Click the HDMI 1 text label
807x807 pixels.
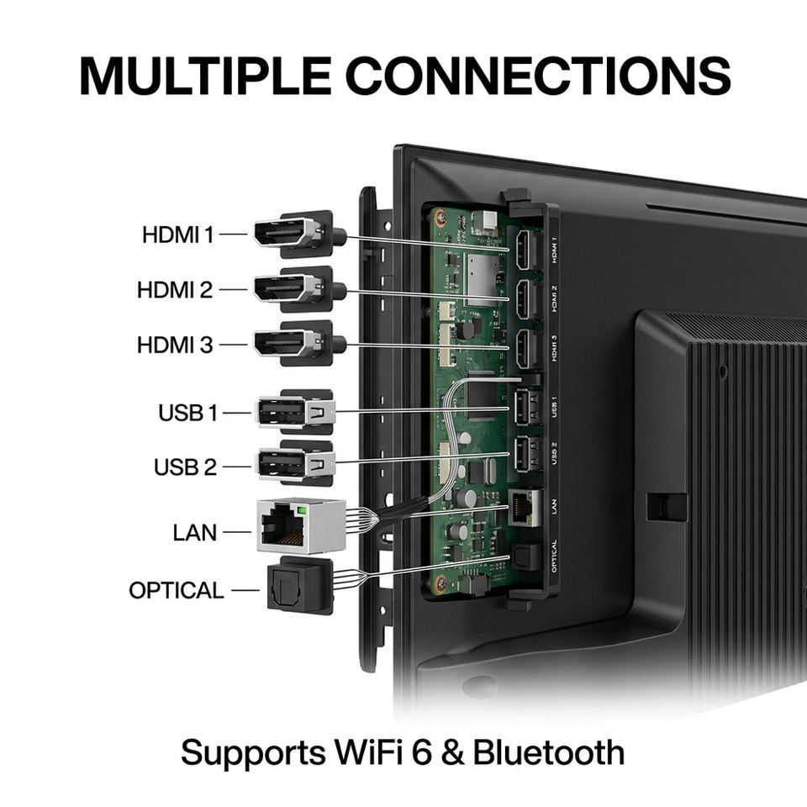[x=177, y=235]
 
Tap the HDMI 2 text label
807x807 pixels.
[x=175, y=290]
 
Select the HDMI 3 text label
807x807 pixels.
[x=175, y=345]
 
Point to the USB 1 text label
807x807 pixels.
[x=187, y=413]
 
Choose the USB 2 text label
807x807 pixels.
[x=185, y=467]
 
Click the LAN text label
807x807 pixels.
[x=194, y=533]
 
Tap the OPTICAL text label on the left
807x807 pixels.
[x=176, y=590]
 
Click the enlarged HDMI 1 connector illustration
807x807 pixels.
[x=299, y=234]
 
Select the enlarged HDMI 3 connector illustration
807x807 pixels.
[x=299, y=343]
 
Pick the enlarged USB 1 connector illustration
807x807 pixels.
[x=295, y=412]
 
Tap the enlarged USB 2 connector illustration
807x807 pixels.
[x=295, y=463]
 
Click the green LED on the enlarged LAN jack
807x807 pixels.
[x=302, y=510]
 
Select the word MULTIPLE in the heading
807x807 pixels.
[x=205, y=76]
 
